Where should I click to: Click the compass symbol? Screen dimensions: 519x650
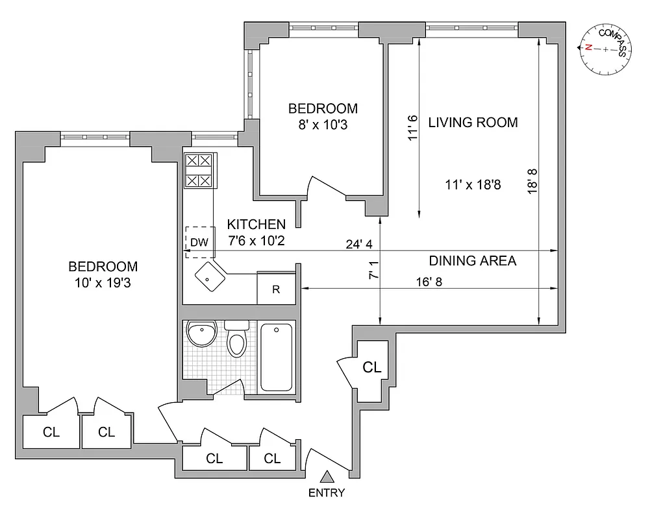605,49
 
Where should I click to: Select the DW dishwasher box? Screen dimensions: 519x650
199,242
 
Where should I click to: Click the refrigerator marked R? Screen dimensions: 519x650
276,289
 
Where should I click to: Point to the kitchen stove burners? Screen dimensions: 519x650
200,171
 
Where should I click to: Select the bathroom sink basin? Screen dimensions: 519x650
201,335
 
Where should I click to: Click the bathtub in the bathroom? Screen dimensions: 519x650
277,357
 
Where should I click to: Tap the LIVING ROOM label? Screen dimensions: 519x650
473,122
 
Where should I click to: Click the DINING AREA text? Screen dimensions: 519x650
472,261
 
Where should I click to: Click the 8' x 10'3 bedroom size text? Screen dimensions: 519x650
323,125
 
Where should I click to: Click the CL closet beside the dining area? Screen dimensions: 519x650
371,367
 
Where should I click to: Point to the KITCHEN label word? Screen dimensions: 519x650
256,224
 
